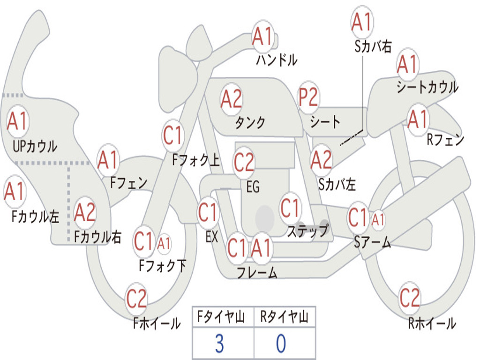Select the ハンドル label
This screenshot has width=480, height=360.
[277, 60]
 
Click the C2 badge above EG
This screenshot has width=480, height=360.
[244, 162]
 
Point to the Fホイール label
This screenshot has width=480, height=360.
[157, 323]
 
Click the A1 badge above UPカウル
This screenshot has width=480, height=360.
[18, 121]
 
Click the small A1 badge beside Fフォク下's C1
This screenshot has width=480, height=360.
[164, 243]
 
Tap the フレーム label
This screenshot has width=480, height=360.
[257, 272]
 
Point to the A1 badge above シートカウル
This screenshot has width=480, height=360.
[407, 65]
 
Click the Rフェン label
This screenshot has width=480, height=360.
[445, 139]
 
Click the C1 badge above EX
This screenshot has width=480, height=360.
[208, 212]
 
